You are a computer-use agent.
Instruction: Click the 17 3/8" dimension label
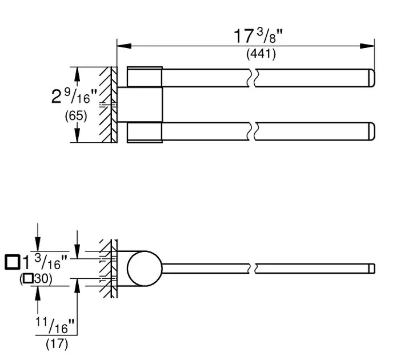tap(258, 36)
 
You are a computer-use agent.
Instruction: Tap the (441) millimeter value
tap(261, 54)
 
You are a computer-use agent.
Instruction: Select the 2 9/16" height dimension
tap(74, 96)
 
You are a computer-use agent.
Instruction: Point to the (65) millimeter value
tap(76, 116)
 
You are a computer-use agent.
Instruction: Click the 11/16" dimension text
tap(55, 325)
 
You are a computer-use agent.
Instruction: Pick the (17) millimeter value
tap(57, 343)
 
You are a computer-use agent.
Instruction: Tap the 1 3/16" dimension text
tap(45, 262)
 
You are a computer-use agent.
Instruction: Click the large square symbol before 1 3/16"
tap(13, 262)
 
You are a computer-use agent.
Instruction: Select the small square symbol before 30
tap(28, 278)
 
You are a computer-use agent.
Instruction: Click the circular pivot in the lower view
tap(145, 269)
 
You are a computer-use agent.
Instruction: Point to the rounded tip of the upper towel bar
tap(371, 78)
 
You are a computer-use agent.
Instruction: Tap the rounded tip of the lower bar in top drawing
tap(371, 131)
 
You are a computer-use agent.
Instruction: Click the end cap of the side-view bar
tap(372, 269)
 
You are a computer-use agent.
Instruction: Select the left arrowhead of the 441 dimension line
tap(124, 46)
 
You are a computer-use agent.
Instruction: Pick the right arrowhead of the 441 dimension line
tap(367, 46)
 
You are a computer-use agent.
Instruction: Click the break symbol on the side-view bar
tap(253, 269)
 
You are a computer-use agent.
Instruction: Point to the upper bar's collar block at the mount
tap(145, 77)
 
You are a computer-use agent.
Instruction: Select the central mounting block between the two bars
tap(140, 105)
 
